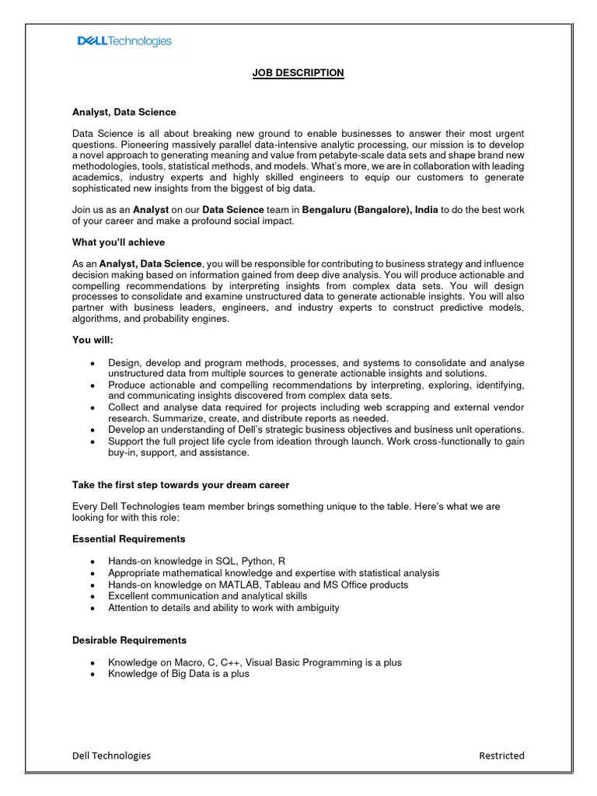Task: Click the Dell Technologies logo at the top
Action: pos(124,41)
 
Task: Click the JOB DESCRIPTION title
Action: pos(298,73)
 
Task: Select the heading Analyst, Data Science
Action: pos(124,113)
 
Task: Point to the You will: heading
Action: pos(93,340)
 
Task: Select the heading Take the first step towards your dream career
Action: pos(180,485)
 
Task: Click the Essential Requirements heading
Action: pos(129,539)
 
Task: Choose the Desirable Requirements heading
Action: pos(129,641)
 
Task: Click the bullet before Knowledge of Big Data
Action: pos(93,675)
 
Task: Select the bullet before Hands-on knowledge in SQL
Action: pos(93,561)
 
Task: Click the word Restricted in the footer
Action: pos(501,756)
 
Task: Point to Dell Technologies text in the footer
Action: pos(111,756)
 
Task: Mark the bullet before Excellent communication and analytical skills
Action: pos(93,596)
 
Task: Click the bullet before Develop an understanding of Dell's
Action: pos(93,430)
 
